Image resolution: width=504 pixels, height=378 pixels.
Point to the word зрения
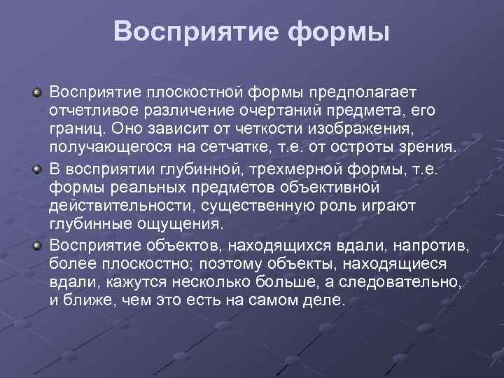coord(430,149)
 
